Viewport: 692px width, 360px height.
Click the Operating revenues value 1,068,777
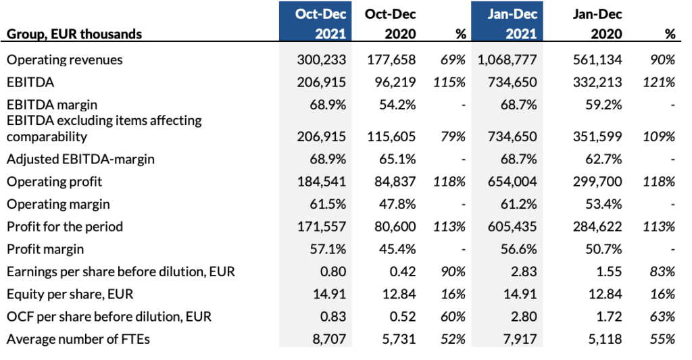506,59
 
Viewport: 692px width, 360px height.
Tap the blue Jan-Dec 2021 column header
507,23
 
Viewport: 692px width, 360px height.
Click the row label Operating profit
53,182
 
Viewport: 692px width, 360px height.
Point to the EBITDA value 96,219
390,82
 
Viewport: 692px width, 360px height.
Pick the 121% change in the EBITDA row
660,82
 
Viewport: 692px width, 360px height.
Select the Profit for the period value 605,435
512,226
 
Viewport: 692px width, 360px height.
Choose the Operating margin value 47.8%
395,204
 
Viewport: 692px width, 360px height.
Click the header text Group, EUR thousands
74,34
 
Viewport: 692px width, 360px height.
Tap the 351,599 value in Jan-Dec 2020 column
597,136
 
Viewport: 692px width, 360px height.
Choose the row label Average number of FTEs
78,339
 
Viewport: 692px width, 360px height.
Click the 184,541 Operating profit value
321,182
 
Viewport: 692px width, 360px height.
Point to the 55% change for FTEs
663,339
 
